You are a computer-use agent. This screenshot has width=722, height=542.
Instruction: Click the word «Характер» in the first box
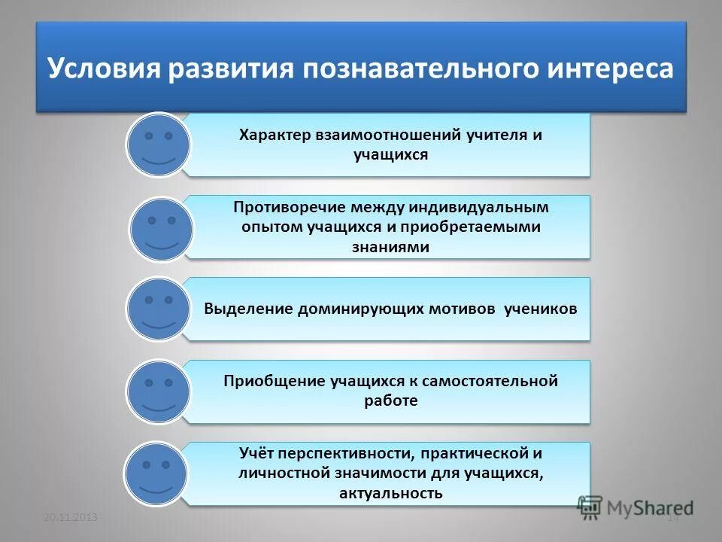[270, 135]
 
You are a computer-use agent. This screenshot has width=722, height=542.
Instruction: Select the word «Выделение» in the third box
[249, 309]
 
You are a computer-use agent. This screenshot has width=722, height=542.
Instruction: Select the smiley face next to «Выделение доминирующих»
[159, 309]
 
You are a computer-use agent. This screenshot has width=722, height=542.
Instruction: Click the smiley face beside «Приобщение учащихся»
[159, 391]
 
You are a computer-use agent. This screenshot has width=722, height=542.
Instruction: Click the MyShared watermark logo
[636, 507]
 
